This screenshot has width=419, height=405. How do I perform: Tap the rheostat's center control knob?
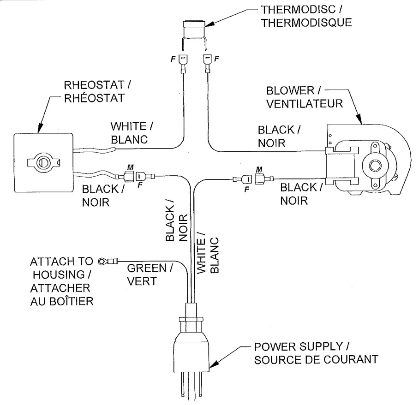42,162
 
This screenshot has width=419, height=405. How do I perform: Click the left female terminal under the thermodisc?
183,65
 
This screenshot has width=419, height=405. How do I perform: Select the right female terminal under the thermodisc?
206,64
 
